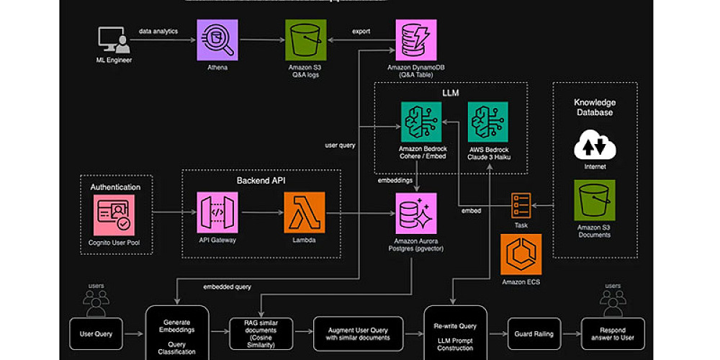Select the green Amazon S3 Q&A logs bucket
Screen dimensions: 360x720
304,41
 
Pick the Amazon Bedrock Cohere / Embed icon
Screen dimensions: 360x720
421,122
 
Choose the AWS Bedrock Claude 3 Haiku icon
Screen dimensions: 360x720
488,122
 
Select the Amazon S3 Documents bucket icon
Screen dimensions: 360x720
594,201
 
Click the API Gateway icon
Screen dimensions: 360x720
218,212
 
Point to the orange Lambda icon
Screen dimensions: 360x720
304,212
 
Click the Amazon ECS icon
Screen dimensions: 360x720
521,254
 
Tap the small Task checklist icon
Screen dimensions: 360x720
521,204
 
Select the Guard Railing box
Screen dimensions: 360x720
534,334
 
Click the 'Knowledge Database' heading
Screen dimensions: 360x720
594,107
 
